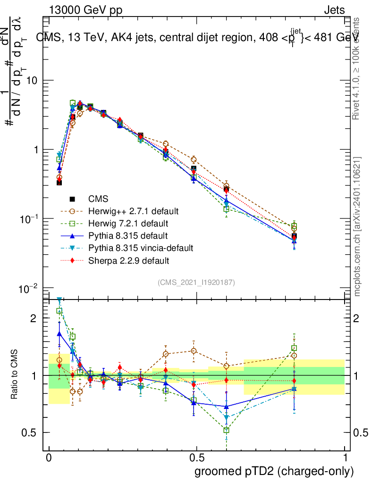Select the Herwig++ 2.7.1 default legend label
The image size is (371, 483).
pyautogui.click(x=134, y=210)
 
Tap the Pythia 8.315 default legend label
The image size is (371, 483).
pyautogui.click(x=127, y=235)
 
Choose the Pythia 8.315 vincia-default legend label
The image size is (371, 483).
pyautogui.click(x=140, y=247)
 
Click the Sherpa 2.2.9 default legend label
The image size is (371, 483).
pyautogui.click(x=128, y=260)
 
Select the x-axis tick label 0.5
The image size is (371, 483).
pyautogui.click(x=196, y=458)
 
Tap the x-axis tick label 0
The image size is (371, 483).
pyautogui.click(x=49, y=458)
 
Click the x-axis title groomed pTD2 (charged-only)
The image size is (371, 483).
pyautogui.click(x=274, y=471)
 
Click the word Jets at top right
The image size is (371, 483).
pyautogui.click(x=334, y=10)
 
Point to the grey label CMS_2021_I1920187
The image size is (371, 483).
pyautogui.click(x=196, y=282)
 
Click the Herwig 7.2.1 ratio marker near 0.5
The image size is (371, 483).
pyautogui.click(x=194, y=400)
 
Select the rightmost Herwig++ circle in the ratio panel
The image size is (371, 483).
pyautogui.click(x=294, y=356)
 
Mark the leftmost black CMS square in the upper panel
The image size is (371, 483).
pyautogui.click(x=59, y=182)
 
